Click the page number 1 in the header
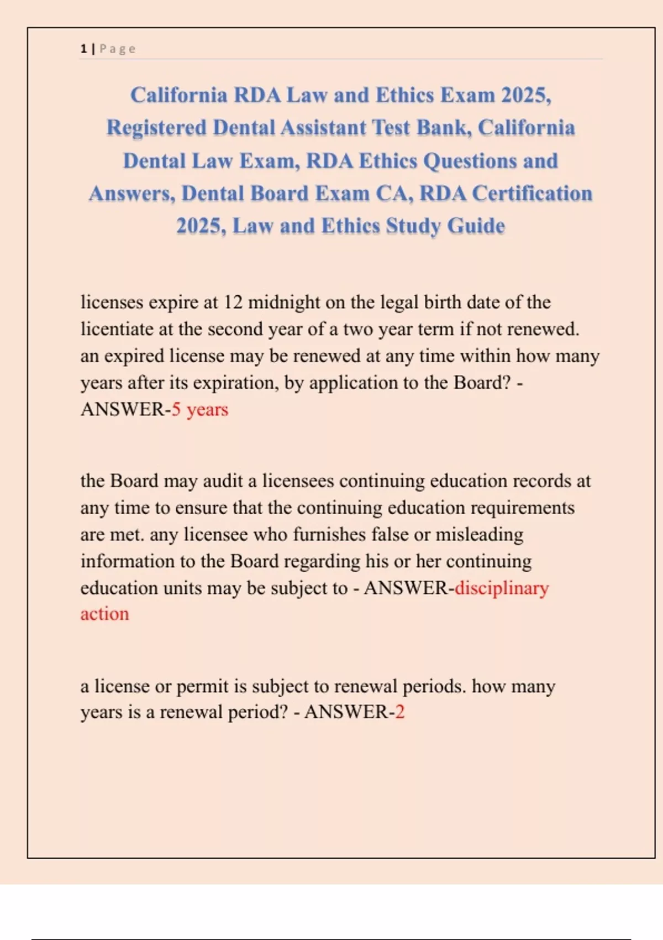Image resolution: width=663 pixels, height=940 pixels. tap(83, 49)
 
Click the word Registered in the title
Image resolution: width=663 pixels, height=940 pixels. tap(156, 128)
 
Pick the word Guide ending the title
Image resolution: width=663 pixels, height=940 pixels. tap(476, 226)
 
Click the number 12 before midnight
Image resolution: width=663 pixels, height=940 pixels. tap(233, 302)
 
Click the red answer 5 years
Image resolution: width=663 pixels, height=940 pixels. tap(199, 410)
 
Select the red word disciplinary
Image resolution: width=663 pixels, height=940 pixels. tap(502, 588)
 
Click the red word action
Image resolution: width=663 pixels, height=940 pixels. tap(104, 614)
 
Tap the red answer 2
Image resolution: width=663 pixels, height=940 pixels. tap(400, 712)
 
